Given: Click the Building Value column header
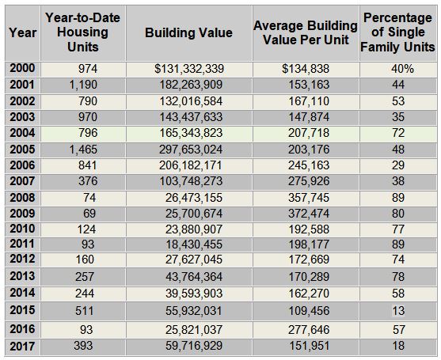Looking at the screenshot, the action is pyautogui.click(x=188, y=32).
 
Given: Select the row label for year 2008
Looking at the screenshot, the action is pyautogui.click(x=22, y=198).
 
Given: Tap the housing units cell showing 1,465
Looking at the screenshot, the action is pyautogui.click(x=83, y=150).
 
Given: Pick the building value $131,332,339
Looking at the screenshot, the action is pyautogui.click(x=189, y=69).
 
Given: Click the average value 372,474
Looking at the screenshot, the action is pyautogui.click(x=309, y=214).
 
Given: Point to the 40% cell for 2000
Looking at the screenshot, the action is pyautogui.click(x=402, y=69).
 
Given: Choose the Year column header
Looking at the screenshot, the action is pyautogui.click(x=22, y=32).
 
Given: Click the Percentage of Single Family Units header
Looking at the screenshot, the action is pyautogui.click(x=397, y=32).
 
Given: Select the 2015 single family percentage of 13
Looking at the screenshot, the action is pyautogui.click(x=398, y=311).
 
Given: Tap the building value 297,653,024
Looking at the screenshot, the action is pyautogui.click(x=191, y=150).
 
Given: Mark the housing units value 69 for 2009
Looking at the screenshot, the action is pyautogui.click(x=89, y=214).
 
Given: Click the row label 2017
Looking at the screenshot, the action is pyautogui.click(x=22, y=347).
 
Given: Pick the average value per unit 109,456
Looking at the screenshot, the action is pyautogui.click(x=309, y=311).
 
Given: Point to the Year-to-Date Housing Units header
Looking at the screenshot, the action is pyautogui.click(x=82, y=32).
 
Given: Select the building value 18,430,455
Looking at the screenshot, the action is pyautogui.click(x=194, y=244).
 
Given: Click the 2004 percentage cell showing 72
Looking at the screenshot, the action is pyautogui.click(x=398, y=133).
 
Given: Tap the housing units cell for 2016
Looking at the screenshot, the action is pyautogui.click(x=86, y=330).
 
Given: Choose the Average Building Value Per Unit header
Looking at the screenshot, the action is pyautogui.click(x=306, y=32).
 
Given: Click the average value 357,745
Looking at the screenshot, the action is pyautogui.click(x=309, y=198).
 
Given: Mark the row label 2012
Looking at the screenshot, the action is pyautogui.click(x=22, y=259).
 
